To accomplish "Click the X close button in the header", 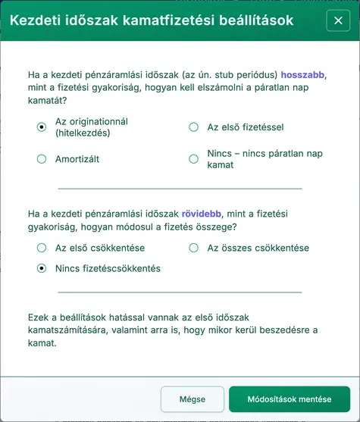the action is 338,20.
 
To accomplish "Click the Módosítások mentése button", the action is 290,399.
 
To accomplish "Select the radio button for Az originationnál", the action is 42,127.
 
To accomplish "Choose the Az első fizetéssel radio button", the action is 193,127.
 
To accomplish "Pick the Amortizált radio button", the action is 42,159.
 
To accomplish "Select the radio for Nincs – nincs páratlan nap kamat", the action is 193,159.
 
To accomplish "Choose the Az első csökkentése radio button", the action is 42,248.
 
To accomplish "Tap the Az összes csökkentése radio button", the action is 193,248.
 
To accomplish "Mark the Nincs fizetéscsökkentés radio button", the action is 42,268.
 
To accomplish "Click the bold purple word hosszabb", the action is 302,75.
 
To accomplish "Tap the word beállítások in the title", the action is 250,20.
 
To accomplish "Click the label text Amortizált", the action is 77,159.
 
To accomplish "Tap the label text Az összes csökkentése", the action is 258,248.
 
